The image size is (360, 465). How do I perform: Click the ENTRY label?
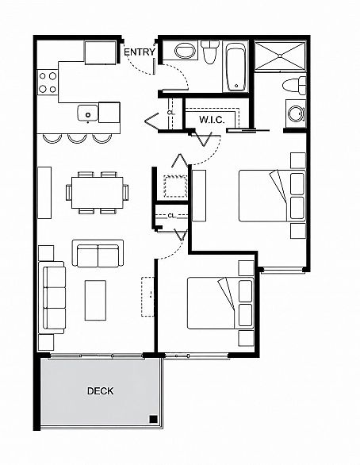click(x=140, y=52)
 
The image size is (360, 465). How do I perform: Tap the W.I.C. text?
click(x=212, y=120)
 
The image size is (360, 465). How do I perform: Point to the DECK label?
click(x=100, y=391)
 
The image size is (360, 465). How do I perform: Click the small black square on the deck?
click(x=153, y=419)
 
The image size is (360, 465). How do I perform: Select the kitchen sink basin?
click(x=88, y=113)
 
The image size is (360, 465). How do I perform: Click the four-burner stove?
click(x=48, y=83)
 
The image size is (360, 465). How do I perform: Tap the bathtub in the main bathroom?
click(x=236, y=67)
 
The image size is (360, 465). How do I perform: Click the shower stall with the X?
click(x=280, y=56)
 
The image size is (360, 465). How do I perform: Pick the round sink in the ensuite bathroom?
click(x=296, y=113)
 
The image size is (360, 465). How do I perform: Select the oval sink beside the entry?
click(x=185, y=51)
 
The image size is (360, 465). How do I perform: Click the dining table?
click(x=98, y=193)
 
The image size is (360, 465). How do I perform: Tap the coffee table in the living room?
click(x=95, y=301)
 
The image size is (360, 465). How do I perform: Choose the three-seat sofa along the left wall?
click(x=52, y=298)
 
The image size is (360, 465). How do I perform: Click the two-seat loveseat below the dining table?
click(x=98, y=253)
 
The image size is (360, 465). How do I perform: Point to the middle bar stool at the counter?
click(x=78, y=139)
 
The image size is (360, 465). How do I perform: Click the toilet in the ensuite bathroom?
click(x=294, y=86)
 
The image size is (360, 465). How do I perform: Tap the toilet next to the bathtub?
click(x=210, y=52)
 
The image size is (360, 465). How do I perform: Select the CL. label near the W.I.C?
click(x=171, y=113)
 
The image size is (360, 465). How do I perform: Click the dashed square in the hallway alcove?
click(x=175, y=186)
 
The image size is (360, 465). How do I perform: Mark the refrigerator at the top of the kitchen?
click(x=100, y=52)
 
